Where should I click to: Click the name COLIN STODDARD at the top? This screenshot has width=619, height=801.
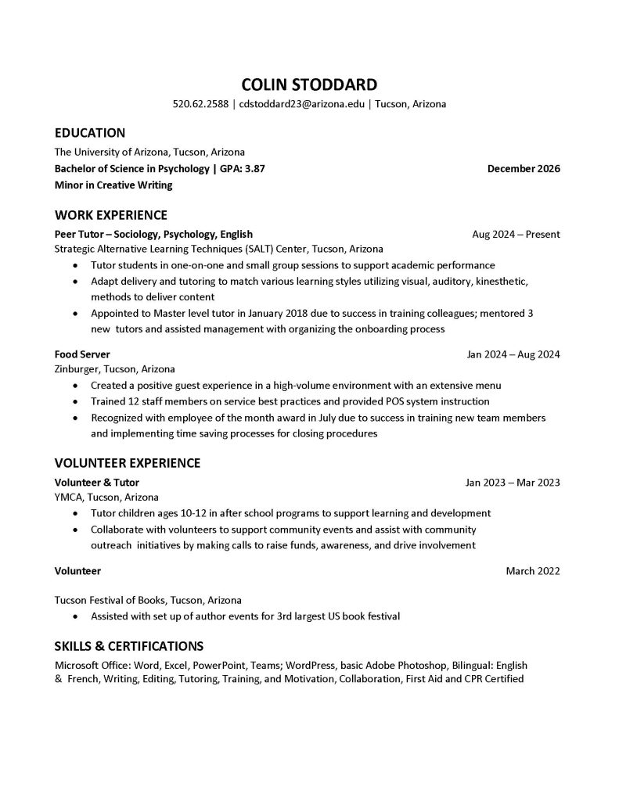(x=308, y=84)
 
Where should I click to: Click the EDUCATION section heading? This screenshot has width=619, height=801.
(x=89, y=133)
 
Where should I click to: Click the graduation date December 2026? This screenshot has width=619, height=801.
(x=523, y=168)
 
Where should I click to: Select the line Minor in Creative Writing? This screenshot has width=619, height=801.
(x=113, y=185)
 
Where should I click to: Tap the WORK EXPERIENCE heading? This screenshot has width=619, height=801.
(x=110, y=215)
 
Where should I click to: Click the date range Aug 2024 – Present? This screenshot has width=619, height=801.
(x=516, y=234)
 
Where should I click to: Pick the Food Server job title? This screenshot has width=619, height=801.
(x=82, y=354)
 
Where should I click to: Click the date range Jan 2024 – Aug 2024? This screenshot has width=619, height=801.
(x=513, y=354)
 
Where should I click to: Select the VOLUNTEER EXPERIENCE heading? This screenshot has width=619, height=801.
(x=127, y=463)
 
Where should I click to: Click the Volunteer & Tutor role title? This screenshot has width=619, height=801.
(x=96, y=483)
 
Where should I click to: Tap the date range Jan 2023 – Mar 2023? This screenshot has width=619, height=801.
(x=513, y=483)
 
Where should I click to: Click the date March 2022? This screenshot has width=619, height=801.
(x=533, y=571)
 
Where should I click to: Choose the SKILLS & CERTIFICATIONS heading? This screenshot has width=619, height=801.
(x=128, y=646)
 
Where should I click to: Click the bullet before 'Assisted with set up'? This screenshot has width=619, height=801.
(x=74, y=617)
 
